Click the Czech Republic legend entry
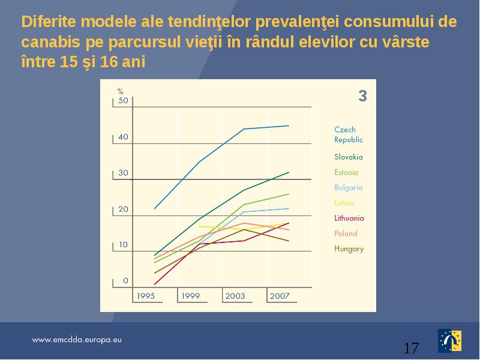pyautogui.click(x=349, y=134)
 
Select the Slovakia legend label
pyautogui.click(x=349, y=157)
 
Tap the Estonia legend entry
pyautogui.click(x=346, y=172)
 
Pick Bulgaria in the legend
pyautogui.click(x=349, y=188)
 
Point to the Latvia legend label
pyautogui.click(x=344, y=203)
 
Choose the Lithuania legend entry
pyautogui.click(x=349, y=218)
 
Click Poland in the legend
pyautogui.click(x=346, y=233)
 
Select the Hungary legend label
pyautogui.click(x=349, y=249)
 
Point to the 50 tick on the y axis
pyautogui.click(x=123, y=100)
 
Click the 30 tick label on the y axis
pyautogui.click(x=123, y=173)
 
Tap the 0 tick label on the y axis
pyautogui.click(x=125, y=281)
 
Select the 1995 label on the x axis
pyautogui.click(x=146, y=296)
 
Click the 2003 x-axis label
pyautogui.click(x=235, y=296)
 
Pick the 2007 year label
pyautogui.click(x=280, y=296)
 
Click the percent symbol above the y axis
pyautogui.click(x=121, y=91)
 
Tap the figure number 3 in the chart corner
pyautogui.click(x=362, y=96)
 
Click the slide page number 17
pyautogui.click(x=411, y=348)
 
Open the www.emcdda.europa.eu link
pyautogui.click(x=77, y=340)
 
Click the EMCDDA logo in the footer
pyautogui.click(x=449, y=341)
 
